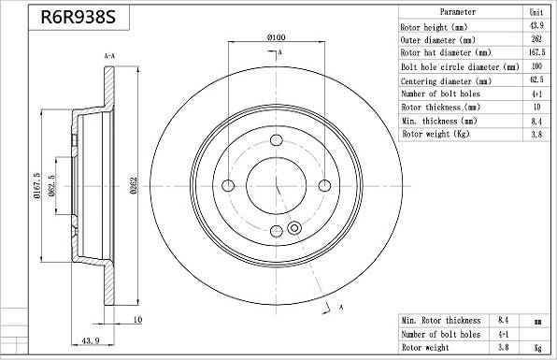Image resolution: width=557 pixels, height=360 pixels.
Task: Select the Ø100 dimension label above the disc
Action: tap(276, 36)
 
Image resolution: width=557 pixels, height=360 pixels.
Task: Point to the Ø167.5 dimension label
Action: tap(36, 186)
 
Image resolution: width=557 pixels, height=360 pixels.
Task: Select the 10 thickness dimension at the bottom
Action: tap(137, 321)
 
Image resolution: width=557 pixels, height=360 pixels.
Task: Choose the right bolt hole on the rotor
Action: tap(321, 184)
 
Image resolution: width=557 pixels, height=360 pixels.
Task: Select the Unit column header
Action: tap(536, 12)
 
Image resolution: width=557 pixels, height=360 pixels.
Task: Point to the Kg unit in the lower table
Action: tap(536, 347)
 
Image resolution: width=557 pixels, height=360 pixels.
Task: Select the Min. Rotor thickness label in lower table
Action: tap(441, 320)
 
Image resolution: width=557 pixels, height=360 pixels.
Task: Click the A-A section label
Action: tap(108, 57)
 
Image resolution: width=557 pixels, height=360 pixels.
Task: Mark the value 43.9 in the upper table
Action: tap(536, 26)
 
